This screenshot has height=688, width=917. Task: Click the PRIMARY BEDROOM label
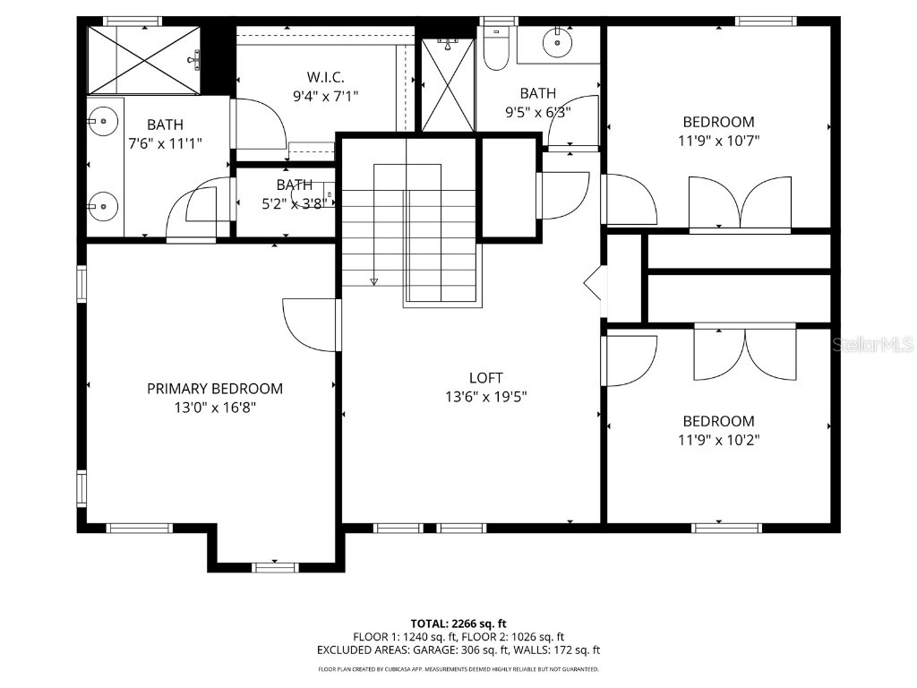(x=215, y=389)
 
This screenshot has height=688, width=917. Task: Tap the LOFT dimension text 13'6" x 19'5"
(x=486, y=397)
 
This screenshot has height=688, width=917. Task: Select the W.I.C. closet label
(x=325, y=77)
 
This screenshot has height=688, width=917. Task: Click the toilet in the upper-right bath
(x=495, y=49)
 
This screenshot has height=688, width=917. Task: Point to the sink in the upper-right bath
(x=559, y=41)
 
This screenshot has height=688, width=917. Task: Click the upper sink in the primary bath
(x=104, y=119)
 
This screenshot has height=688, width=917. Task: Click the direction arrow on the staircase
(x=374, y=281)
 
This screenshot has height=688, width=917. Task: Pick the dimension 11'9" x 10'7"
(x=718, y=140)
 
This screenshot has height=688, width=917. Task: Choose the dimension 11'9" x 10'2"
(x=718, y=440)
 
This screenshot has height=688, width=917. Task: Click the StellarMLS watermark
(x=872, y=344)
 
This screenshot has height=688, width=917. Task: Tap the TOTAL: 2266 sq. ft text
(x=458, y=623)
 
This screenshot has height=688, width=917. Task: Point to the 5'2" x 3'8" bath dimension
(x=295, y=203)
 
